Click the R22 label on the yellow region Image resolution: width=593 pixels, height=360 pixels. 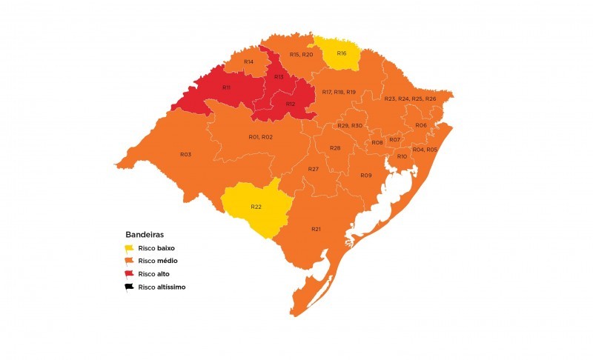tap(256, 206)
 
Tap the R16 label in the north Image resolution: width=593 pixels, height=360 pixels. tap(342, 53)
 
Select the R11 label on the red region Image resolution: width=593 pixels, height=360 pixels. tap(226, 87)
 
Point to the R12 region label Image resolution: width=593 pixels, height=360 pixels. tap(291, 104)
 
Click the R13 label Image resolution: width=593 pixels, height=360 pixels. tap(279, 77)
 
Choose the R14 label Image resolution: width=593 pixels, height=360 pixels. tap(249, 61)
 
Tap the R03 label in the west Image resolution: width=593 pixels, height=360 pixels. tap(185, 154)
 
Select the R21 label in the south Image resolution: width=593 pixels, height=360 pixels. tap(316, 229)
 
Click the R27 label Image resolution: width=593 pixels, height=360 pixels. tap(314, 170)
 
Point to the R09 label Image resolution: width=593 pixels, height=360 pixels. tap(365, 175)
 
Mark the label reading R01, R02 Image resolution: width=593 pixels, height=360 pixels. tap(261, 137)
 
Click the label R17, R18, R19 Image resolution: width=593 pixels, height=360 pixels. tap(339, 91)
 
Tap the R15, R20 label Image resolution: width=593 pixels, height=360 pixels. tap(301, 55)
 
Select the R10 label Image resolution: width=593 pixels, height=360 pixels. tap(402, 156)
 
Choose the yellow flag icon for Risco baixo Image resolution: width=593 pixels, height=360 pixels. tap(129, 248)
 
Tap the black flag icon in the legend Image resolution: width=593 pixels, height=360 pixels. tap(129, 287)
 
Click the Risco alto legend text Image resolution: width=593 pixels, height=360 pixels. tap(153, 274)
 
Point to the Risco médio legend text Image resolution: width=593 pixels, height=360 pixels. tap(157, 261)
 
